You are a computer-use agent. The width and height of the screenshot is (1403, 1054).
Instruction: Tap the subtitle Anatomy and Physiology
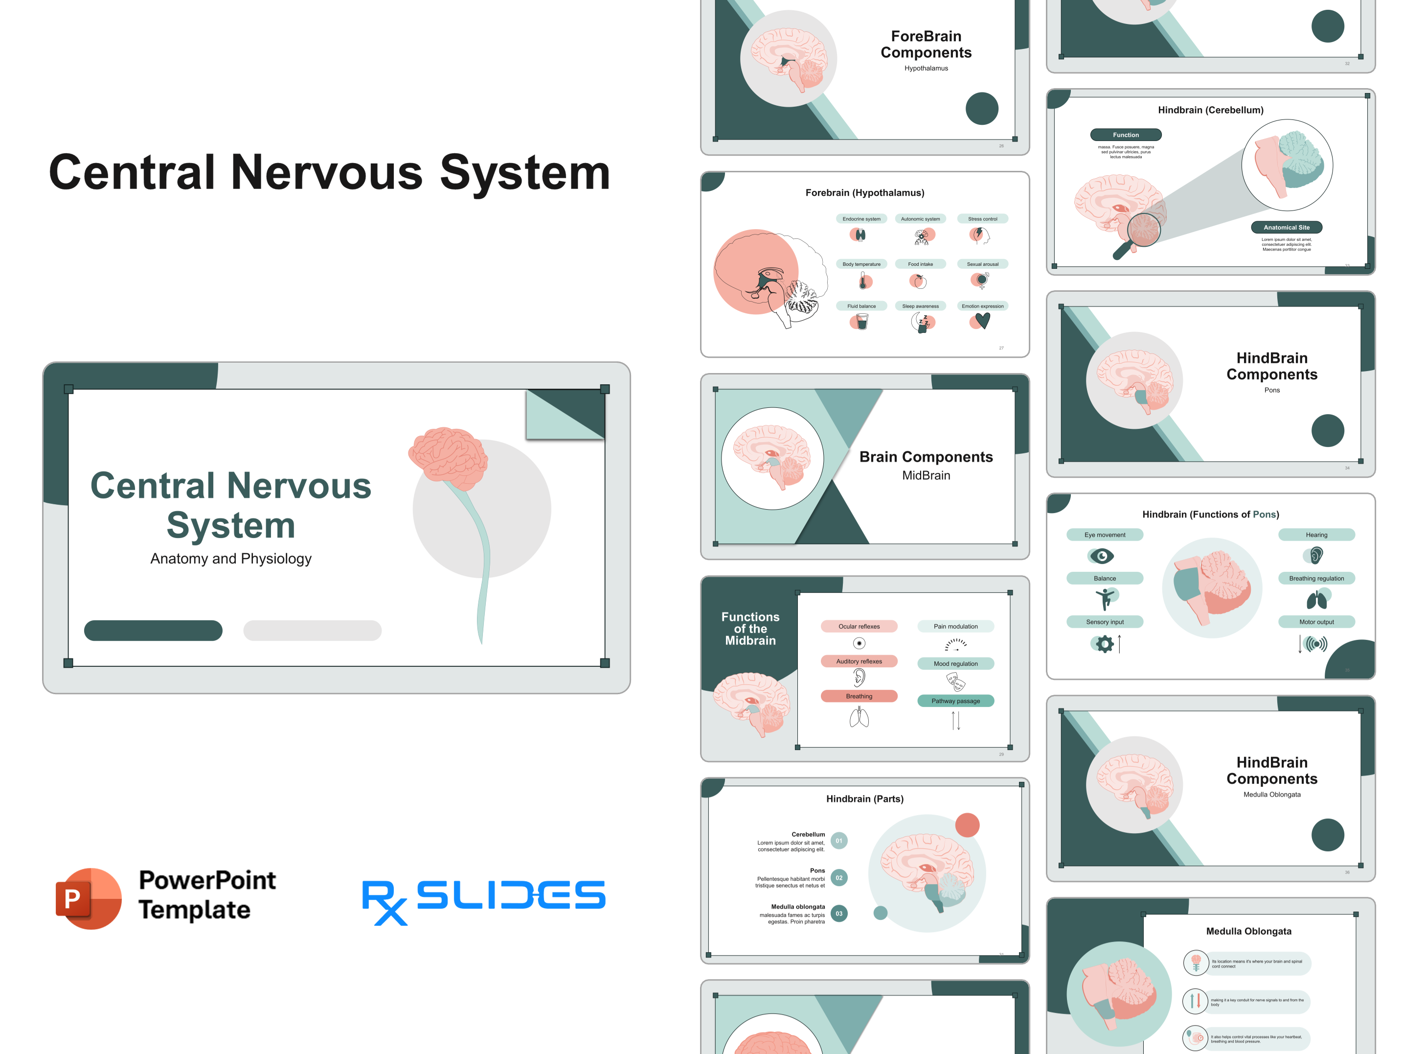(x=231, y=559)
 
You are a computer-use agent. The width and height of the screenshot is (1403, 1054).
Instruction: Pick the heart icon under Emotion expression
(x=982, y=321)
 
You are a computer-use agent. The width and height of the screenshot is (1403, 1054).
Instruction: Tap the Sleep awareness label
(x=920, y=306)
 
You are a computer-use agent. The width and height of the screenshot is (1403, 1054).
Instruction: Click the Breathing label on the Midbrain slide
(x=859, y=696)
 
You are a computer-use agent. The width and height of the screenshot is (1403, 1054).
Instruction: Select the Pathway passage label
(x=955, y=701)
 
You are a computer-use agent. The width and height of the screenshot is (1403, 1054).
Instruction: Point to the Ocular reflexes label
(x=859, y=626)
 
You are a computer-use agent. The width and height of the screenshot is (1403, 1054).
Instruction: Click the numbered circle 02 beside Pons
(x=838, y=878)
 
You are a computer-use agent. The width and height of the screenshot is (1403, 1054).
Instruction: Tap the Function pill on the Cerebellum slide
(x=1125, y=135)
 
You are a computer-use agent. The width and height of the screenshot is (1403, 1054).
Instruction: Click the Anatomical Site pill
(x=1286, y=227)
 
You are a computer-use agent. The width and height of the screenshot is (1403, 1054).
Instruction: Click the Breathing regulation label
(x=1316, y=578)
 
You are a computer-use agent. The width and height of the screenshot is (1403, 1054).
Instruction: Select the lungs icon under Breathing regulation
(x=1316, y=600)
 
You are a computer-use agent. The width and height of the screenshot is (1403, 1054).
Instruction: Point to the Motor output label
(x=1316, y=622)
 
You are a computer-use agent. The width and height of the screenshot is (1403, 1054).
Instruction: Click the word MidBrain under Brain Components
(x=926, y=475)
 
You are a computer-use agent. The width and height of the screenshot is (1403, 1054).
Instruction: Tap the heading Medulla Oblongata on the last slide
(x=1248, y=931)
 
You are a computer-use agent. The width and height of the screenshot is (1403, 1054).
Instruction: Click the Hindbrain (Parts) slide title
(x=864, y=799)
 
